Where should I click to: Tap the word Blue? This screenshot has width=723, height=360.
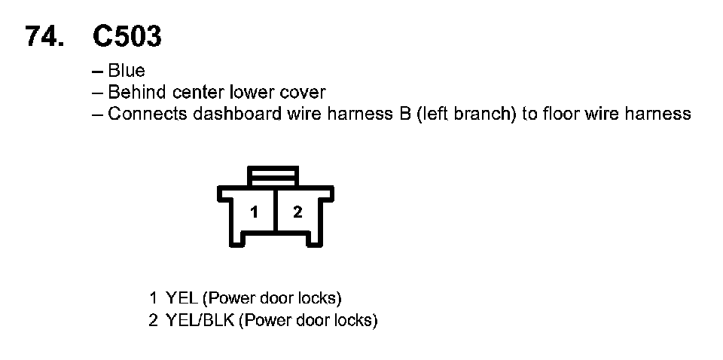(x=127, y=72)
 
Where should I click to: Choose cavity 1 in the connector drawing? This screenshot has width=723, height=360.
(x=255, y=212)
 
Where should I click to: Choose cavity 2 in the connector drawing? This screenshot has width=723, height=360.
(x=297, y=212)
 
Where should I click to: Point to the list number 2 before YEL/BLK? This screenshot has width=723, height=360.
(x=153, y=320)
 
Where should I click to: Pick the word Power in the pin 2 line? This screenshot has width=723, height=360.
(x=268, y=320)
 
